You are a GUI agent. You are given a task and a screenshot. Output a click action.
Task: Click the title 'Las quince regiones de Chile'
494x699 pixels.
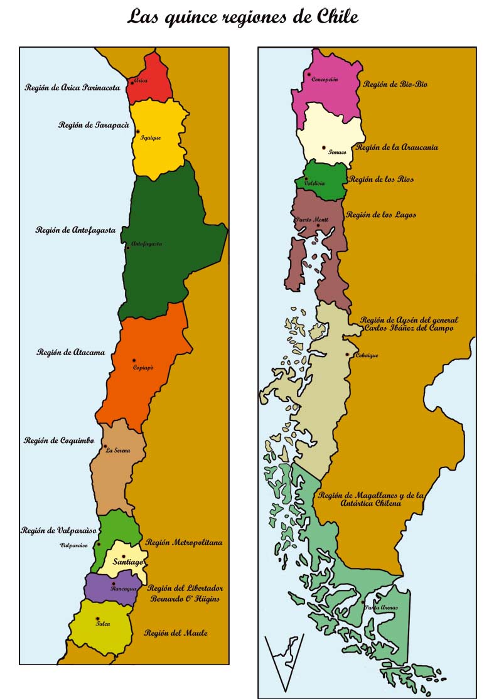[242, 16]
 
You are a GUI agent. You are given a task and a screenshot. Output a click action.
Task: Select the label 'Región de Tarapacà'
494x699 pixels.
[90, 125]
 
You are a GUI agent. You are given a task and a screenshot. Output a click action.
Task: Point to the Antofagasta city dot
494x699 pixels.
[128, 248]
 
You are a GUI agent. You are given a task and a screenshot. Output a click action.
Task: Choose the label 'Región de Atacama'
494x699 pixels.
[70, 353]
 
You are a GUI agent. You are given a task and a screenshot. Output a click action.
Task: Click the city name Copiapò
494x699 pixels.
[143, 368]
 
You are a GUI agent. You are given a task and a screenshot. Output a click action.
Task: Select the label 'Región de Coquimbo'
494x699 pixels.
[58, 440]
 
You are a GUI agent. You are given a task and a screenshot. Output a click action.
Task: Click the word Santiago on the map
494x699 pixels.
[129, 563]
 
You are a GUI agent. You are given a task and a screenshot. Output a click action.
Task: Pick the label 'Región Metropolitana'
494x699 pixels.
[184, 542]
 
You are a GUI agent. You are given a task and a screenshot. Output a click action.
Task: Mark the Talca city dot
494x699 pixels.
[97, 619]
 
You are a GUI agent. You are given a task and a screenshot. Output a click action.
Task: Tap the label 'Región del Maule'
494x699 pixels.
[175, 633]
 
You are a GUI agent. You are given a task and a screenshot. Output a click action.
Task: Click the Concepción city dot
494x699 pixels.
[309, 75]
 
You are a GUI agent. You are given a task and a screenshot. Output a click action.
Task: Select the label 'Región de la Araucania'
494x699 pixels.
[397, 147]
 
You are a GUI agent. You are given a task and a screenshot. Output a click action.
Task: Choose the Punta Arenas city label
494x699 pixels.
[380, 607]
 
